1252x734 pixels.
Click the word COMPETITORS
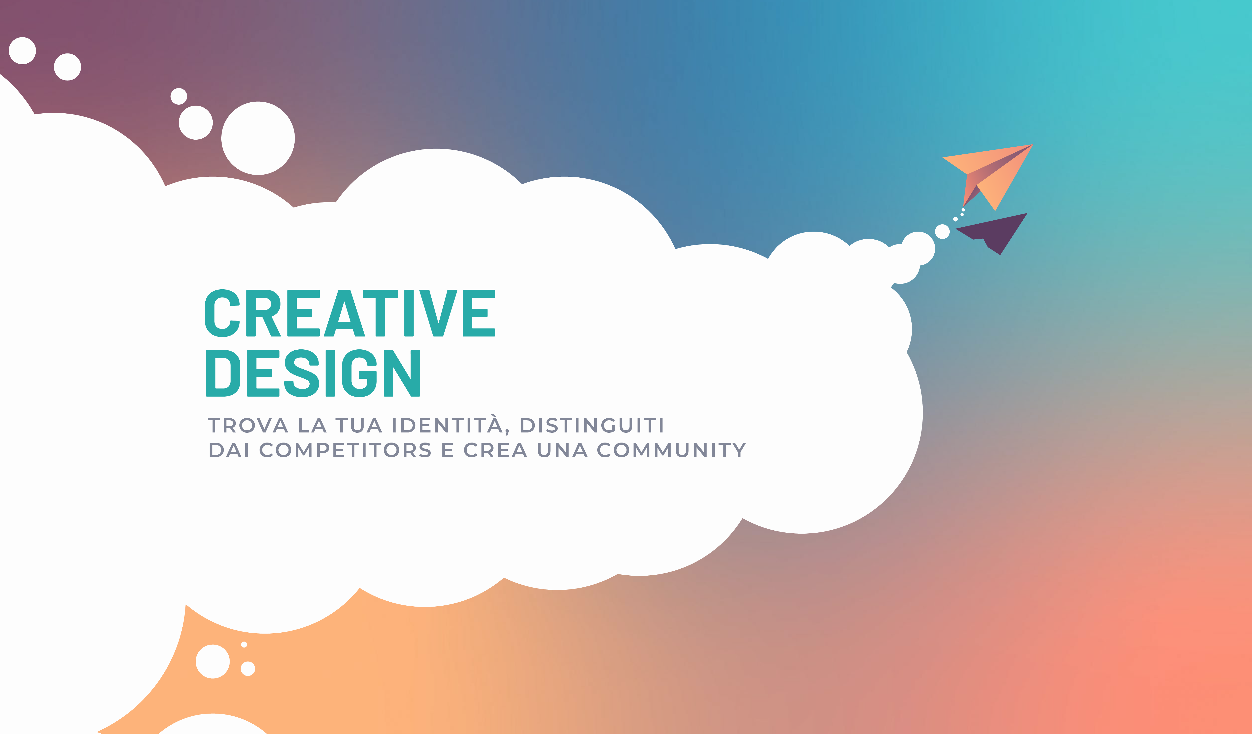tap(345, 450)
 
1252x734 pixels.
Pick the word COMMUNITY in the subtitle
tap(671, 450)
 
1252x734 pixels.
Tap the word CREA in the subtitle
tap(495, 450)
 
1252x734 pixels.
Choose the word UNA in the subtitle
tap(562, 450)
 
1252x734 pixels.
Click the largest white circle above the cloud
tap(258, 138)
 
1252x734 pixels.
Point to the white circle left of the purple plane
tap(942, 231)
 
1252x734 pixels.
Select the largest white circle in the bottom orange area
tap(213, 661)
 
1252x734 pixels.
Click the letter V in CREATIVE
tap(438, 313)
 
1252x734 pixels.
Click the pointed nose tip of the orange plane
tap(1033, 145)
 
